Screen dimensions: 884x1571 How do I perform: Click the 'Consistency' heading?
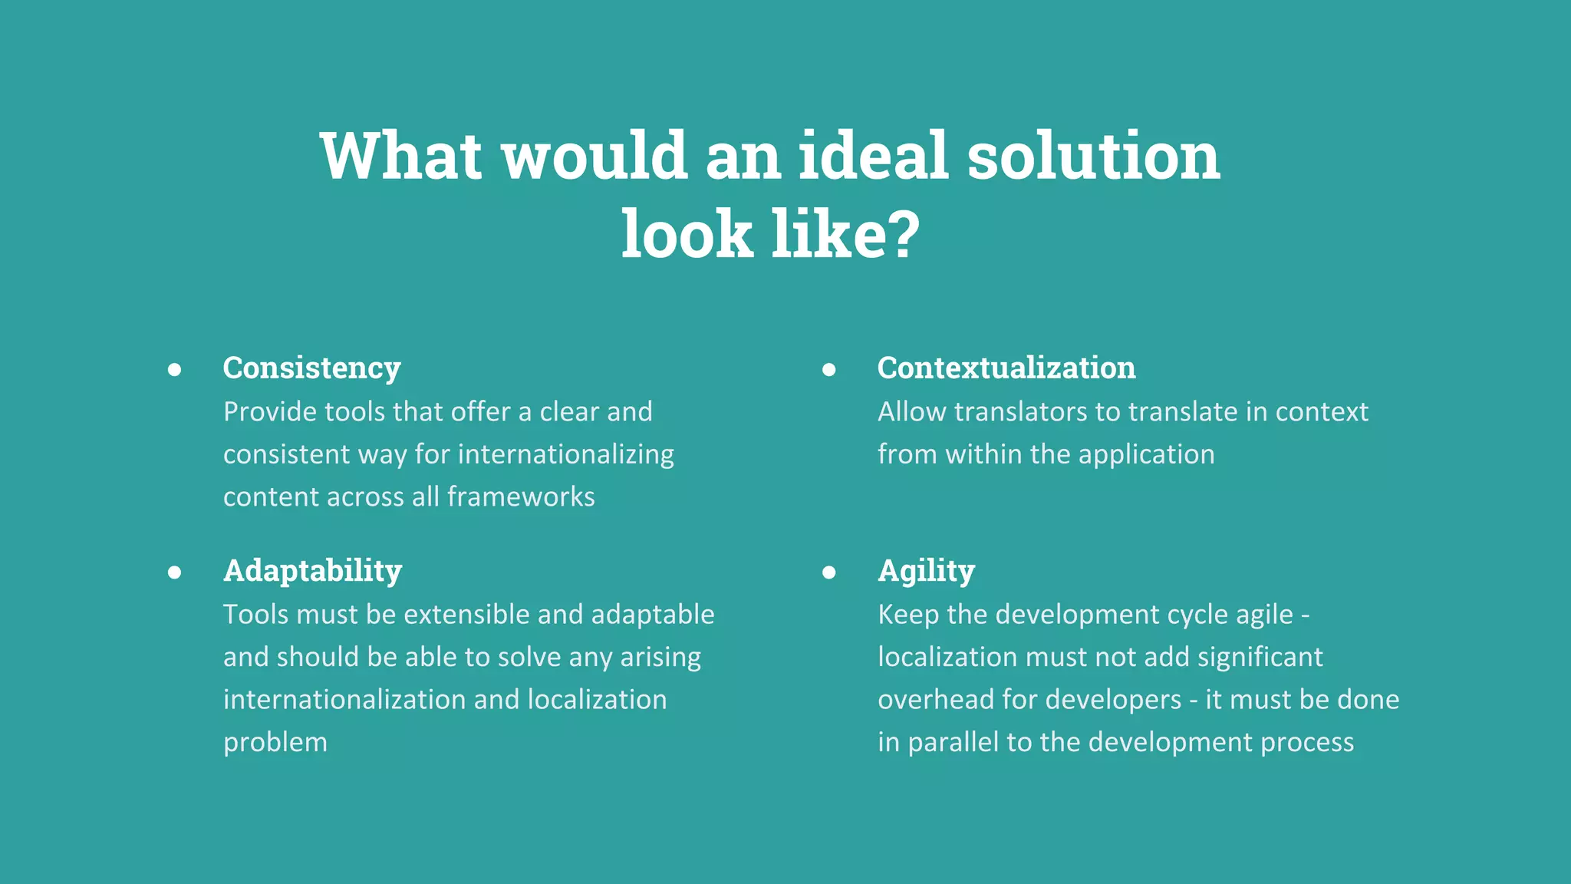point(311,368)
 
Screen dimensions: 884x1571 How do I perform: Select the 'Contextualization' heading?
point(1006,368)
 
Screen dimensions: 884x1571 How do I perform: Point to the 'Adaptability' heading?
point(312,572)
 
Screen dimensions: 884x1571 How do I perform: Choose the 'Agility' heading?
point(926,572)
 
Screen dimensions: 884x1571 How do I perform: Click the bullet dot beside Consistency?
point(175,370)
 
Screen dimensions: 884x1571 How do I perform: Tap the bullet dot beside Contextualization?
point(828,370)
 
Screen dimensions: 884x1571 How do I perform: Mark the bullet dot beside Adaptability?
point(175,572)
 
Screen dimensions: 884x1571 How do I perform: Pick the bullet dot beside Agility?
point(828,572)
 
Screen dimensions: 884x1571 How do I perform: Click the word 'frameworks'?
point(521,496)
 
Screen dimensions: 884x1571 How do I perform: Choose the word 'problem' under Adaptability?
point(275,743)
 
